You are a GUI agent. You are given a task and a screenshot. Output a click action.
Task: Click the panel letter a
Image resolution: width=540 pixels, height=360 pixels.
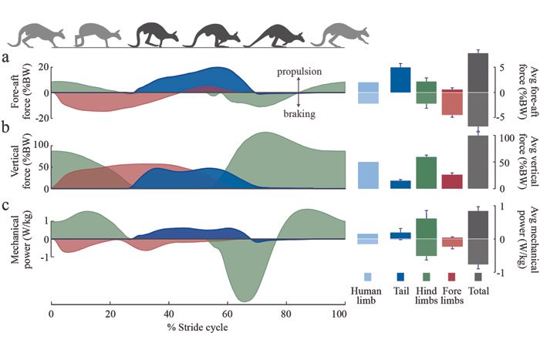6,58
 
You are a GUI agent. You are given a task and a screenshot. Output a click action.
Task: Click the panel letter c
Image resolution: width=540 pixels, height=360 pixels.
6,206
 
